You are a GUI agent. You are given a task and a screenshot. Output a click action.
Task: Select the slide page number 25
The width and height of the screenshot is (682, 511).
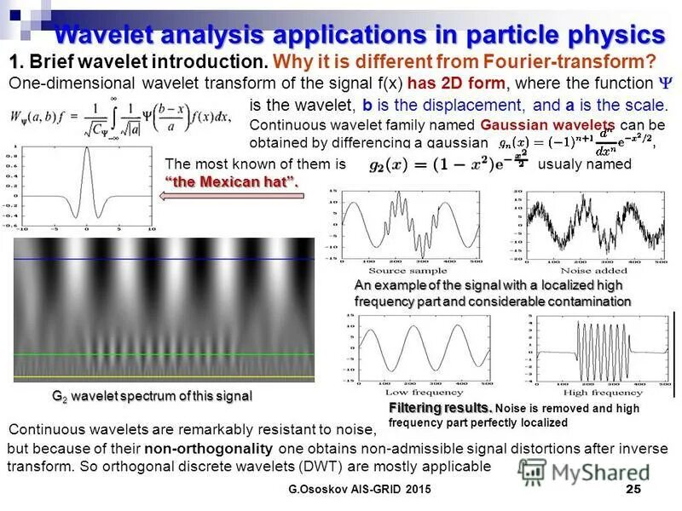coord(633,489)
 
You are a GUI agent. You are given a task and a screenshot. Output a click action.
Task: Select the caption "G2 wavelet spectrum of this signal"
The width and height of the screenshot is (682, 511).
coord(153,397)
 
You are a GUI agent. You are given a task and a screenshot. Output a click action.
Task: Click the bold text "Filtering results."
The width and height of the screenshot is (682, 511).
coord(440,407)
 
